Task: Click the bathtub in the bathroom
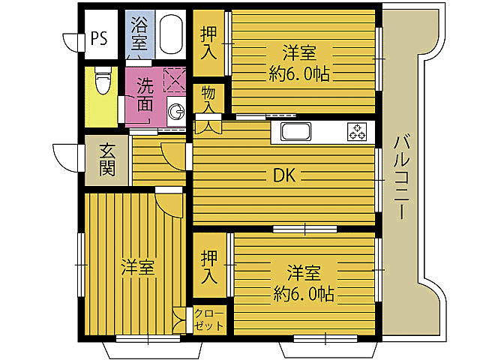pos(171,34)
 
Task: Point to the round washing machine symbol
pos(178,112)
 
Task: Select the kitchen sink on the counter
pos(300,133)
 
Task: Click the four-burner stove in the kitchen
pos(356,133)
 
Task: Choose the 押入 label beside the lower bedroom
pos(210,267)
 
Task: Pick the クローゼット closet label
pos(209,319)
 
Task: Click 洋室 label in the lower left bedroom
pos(139,267)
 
